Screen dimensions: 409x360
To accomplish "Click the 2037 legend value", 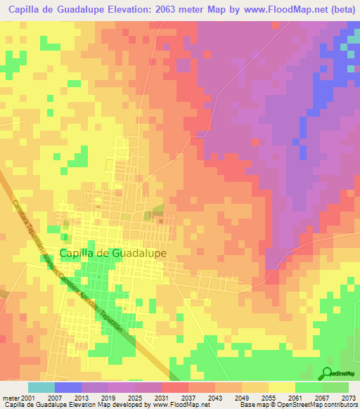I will click(174, 397).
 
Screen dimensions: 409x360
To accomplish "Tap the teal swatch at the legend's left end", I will click(41, 387).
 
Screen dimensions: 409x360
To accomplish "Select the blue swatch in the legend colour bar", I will click(68, 387).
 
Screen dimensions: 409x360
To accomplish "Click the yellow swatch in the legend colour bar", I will click(281, 387).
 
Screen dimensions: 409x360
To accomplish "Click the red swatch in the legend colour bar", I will click(174, 387).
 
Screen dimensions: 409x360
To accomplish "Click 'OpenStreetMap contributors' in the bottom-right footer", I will click(320, 405).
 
